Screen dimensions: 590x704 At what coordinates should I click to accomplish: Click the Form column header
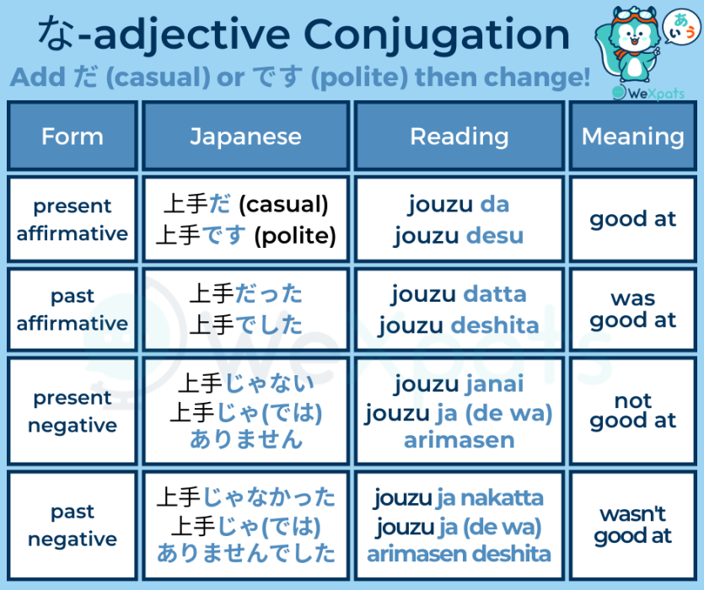point(73,137)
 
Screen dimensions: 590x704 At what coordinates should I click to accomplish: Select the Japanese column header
point(245,137)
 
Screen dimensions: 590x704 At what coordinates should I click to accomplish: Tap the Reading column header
point(459,137)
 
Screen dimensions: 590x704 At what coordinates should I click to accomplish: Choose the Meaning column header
point(632,137)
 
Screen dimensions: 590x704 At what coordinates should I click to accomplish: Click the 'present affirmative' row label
point(73,219)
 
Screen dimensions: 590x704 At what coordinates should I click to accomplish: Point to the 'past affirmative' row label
point(73,309)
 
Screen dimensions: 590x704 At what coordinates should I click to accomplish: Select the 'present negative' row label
point(73,412)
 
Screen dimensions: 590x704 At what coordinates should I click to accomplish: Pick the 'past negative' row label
point(73,525)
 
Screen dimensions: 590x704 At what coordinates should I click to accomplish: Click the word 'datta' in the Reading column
point(495,294)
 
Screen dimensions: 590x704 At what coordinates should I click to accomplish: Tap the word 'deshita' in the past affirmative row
point(495,325)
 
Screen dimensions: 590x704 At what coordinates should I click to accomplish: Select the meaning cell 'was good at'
point(632,309)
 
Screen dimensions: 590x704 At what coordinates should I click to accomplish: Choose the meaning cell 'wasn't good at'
point(632,524)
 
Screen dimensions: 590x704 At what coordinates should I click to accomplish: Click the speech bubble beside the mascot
point(681,24)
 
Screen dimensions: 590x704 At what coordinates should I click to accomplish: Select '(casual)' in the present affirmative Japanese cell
point(283,204)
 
